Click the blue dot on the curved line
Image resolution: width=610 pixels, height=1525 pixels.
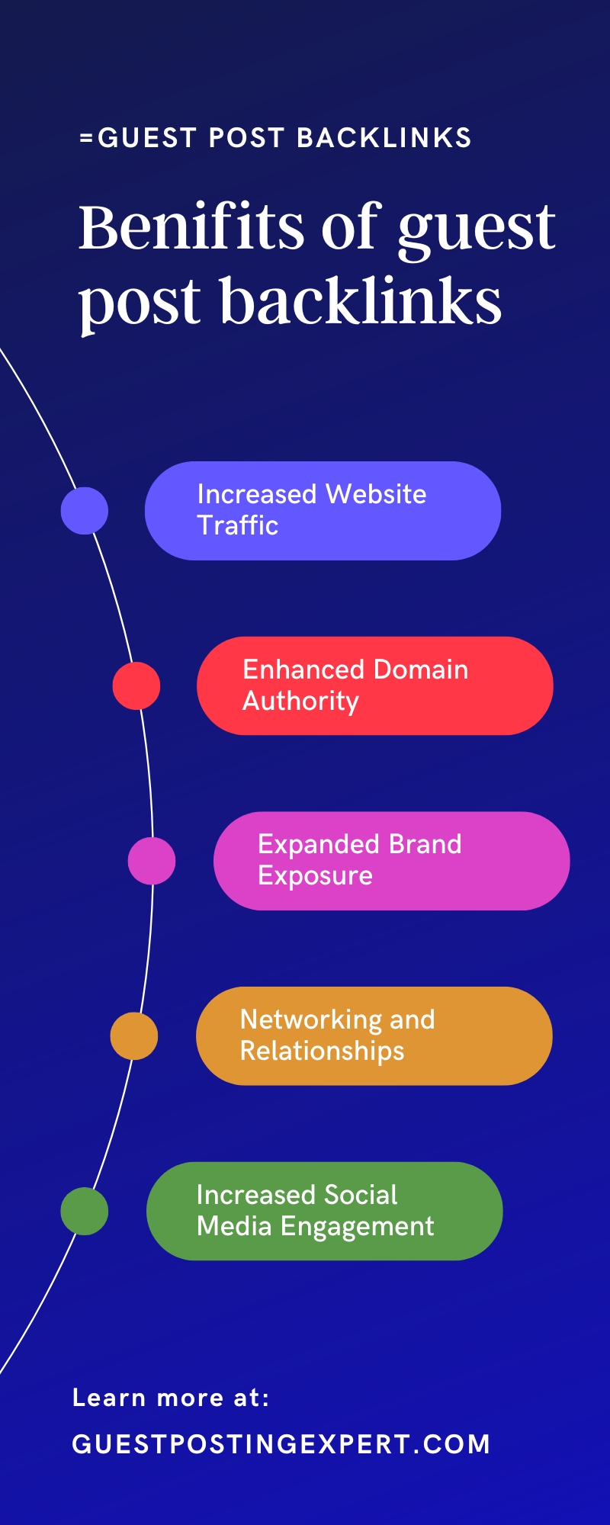[85, 511]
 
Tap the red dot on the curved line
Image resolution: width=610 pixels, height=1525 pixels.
[136, 686]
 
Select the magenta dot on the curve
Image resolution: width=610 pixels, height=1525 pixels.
[152, 861]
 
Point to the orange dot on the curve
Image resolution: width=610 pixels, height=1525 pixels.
[134, 1036]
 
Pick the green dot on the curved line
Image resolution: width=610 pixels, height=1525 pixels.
[85, 1211]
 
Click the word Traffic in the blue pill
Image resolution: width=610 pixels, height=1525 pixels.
[238, 525]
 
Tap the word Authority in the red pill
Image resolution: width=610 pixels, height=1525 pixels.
[300, 701]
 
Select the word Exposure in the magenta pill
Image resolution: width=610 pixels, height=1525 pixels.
[315, 875]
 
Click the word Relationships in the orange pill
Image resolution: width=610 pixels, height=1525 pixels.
[322, 1051]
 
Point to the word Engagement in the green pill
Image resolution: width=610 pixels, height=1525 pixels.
[357, 1226]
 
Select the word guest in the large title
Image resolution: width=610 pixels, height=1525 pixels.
[477, 229]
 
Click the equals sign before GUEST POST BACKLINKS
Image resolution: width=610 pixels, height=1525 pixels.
[86, 138]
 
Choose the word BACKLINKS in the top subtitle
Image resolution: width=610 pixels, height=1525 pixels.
[384, 138]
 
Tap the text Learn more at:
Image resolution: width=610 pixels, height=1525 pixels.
[171, 1398]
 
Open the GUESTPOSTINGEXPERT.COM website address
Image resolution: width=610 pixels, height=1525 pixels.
[281, 1444]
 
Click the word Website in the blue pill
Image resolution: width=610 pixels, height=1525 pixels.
[375, 494]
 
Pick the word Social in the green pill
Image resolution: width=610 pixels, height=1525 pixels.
[361, 1195]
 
